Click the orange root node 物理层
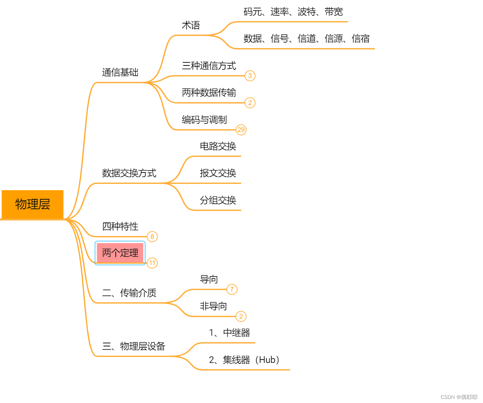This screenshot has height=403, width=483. tap(32, 204)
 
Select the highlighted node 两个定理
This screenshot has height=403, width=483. tap(120, 253)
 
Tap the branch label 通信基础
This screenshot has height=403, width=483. tap(120, 72)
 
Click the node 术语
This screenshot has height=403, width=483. tap(191, 25)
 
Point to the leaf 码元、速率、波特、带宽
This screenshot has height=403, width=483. tap(293, 12)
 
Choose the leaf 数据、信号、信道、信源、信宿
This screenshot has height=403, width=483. tap(306, 39)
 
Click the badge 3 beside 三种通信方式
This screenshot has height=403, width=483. tap(250, 76)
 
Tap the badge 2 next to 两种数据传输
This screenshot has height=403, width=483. tap(250, 103)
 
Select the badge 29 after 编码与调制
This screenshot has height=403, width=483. tap(241, 130)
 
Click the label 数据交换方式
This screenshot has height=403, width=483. tap(129, 173)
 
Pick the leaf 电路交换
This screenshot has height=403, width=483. tap(218, 146)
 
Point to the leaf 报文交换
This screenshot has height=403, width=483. tap(218, 173)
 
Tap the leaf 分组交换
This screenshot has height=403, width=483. tap(218, 200)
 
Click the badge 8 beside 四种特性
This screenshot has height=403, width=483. tap(152, 237)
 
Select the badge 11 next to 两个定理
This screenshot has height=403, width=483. tap(152, 263)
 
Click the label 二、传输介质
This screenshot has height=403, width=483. tap(129, 293)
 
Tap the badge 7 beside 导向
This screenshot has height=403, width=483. tap(232, 290)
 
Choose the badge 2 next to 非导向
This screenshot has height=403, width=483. tap(241, 317)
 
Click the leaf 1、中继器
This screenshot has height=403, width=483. tap(229, 333)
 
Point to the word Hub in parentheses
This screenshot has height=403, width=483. tap(267, 360)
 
